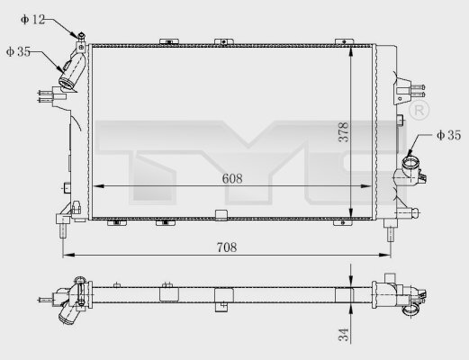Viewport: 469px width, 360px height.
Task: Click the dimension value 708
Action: (x=227, y=247)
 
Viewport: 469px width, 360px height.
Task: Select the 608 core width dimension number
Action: (x=232, y=178)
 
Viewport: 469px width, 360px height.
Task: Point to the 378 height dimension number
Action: (x=344, y=131)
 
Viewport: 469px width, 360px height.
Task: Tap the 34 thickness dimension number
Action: (x=344, y=335)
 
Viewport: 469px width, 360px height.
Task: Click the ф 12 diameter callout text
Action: (x=32, y=20)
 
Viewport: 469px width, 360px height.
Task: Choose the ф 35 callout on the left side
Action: (x=18, y=51)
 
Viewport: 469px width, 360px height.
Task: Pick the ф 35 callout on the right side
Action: (x=449, y=135)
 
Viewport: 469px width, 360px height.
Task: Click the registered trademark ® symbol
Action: (x=419, y=110)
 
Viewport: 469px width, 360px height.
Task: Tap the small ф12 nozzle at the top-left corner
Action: (x=81, y=37)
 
